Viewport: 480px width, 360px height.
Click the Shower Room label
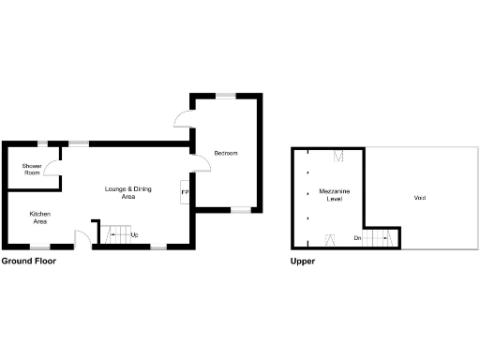[31, 171]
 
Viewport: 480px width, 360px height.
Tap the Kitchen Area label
[40, 218]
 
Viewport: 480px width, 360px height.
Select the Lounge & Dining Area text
[127, 194]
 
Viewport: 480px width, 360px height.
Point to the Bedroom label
[227, 153]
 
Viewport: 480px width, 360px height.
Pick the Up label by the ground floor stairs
[135, 234]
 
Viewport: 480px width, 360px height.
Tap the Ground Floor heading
[29, 262]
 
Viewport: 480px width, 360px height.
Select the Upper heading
[303, 262]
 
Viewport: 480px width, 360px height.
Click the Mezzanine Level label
[335, 194]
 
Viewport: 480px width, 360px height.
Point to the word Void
[419, 198]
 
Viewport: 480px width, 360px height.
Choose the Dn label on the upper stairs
[357, 239]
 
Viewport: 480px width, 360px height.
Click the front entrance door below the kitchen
[84, 239]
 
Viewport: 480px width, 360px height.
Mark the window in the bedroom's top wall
[228, 94]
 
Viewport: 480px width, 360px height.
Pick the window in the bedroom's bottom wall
[242, 210]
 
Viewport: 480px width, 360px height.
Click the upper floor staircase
[377, 239]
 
